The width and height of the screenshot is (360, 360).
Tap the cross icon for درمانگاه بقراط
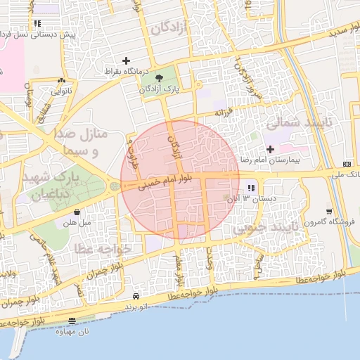[127, 61]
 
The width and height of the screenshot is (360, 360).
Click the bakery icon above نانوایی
[62, 82]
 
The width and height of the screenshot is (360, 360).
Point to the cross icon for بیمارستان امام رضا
[271, 149]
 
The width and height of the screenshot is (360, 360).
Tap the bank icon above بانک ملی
[347, 162]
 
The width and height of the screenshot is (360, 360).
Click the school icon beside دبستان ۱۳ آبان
[251, 188]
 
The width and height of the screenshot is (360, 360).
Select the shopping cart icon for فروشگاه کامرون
[329, 212]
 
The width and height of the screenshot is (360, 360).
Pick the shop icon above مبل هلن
[76, 212]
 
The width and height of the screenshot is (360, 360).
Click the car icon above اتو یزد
[136, 297]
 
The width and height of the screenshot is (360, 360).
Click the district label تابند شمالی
[292, 122]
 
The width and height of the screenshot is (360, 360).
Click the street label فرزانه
[222, 111]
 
